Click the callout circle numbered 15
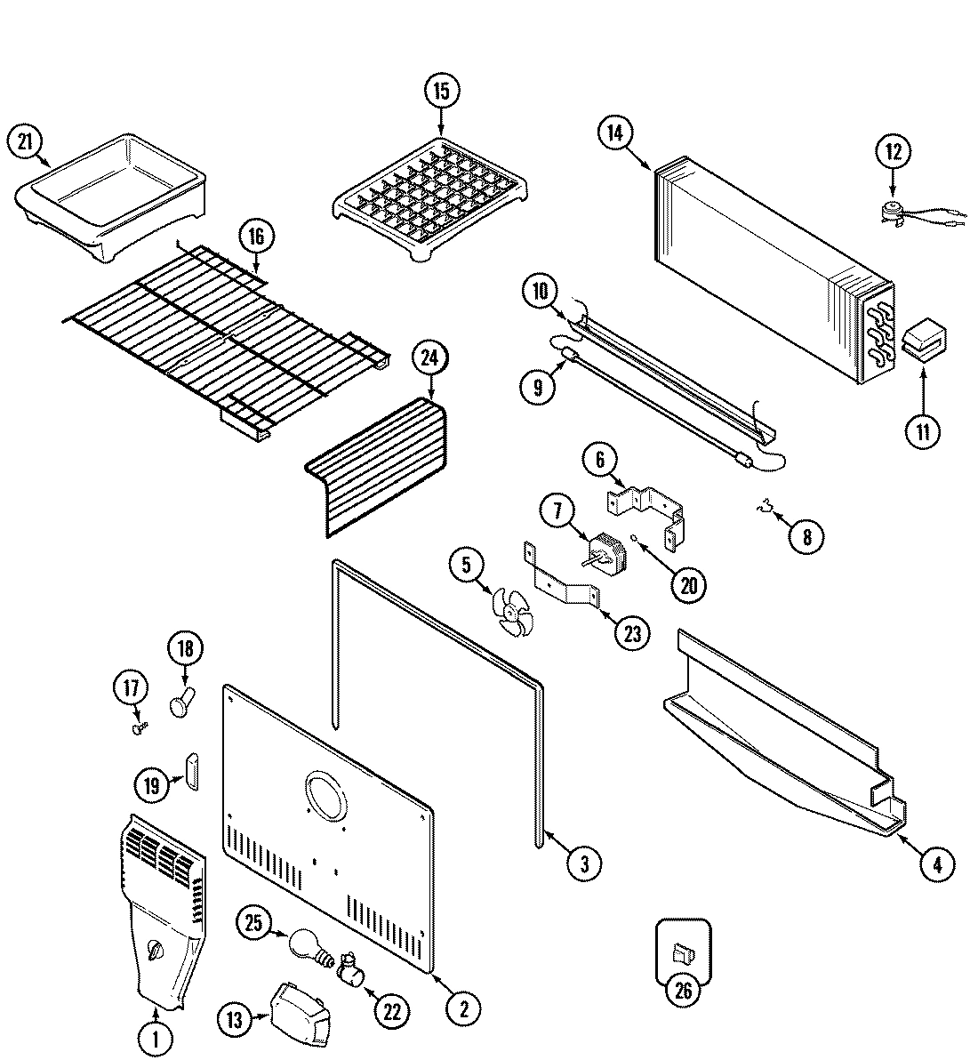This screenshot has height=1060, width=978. [x=442, y=91]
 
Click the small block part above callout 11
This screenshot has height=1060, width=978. [x=925, y=342]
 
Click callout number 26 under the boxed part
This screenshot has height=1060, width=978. [x=683, y=991]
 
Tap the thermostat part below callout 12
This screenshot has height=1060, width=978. [x=894, y=212]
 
